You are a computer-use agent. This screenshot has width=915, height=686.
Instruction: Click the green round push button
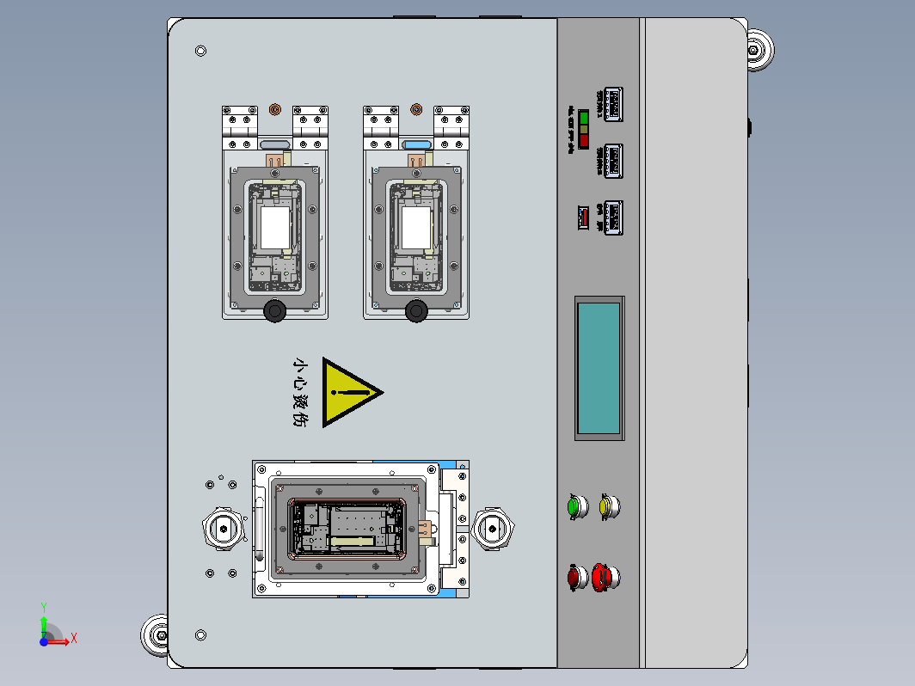574,506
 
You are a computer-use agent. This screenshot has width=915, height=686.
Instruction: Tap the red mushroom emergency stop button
605,577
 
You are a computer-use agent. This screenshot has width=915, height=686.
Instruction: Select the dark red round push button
574,577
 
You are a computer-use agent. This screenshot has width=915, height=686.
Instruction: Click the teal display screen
599,368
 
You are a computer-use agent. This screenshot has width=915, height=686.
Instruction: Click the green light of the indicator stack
584,116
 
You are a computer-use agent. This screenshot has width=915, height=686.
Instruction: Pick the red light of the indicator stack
584,140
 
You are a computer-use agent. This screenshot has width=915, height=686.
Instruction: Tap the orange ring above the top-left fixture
275,109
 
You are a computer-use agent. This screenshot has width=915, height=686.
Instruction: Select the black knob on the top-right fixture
416,310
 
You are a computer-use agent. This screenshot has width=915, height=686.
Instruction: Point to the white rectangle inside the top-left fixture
275,229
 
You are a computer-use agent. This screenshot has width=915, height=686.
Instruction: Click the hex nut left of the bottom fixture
224,527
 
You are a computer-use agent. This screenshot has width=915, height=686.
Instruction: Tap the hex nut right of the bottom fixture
494,527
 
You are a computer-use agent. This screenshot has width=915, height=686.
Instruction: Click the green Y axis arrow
44,615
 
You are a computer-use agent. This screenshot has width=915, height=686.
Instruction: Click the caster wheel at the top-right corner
758,51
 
